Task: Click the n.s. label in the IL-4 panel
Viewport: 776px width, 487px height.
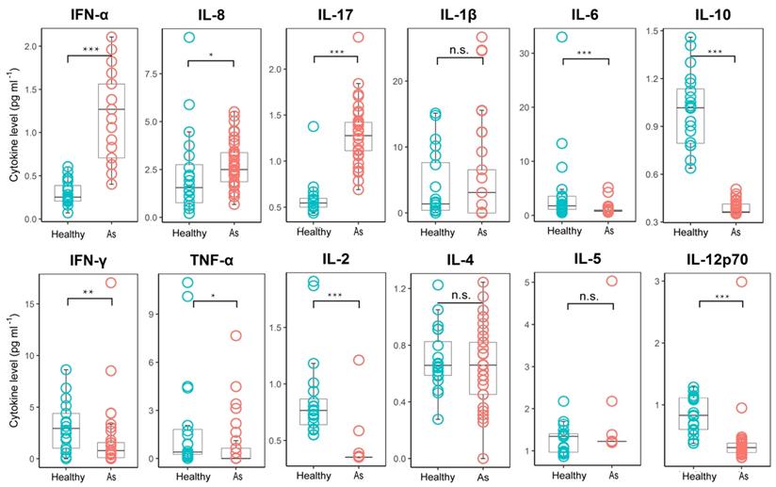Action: point(461,295)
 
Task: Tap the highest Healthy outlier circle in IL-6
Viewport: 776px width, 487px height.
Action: point(562,38)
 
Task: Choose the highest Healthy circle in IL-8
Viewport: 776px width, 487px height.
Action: point(189,38)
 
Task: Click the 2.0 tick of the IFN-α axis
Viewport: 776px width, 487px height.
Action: point(39,46)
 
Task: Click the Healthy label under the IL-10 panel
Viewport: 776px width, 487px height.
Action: point(690,232)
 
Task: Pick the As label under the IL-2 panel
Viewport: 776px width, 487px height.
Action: point(357,477)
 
